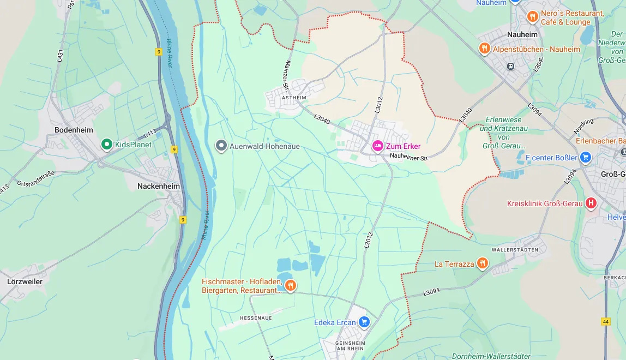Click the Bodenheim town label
tap(74, 130)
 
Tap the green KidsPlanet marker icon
tap(107, 145)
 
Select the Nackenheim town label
tap(158, 186)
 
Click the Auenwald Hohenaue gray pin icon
tap(221, 146)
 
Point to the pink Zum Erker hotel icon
tap(377, 146)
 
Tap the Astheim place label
tap(294, 98)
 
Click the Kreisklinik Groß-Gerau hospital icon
tap(591, 203)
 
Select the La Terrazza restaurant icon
tap(482, 263)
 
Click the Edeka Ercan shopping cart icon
tap(364, 322)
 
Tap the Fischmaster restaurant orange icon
tap(291, 285)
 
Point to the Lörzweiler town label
tap(25, 281)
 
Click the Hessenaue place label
tap(256, 317)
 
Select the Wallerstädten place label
tap(515, 250)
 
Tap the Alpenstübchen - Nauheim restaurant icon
tap(484, 49)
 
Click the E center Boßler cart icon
tap(586, 158)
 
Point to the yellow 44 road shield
tap(606, 321)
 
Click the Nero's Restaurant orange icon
tap(532, 17)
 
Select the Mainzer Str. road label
tap(286, 76)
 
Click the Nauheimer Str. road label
tap(410, 157)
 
